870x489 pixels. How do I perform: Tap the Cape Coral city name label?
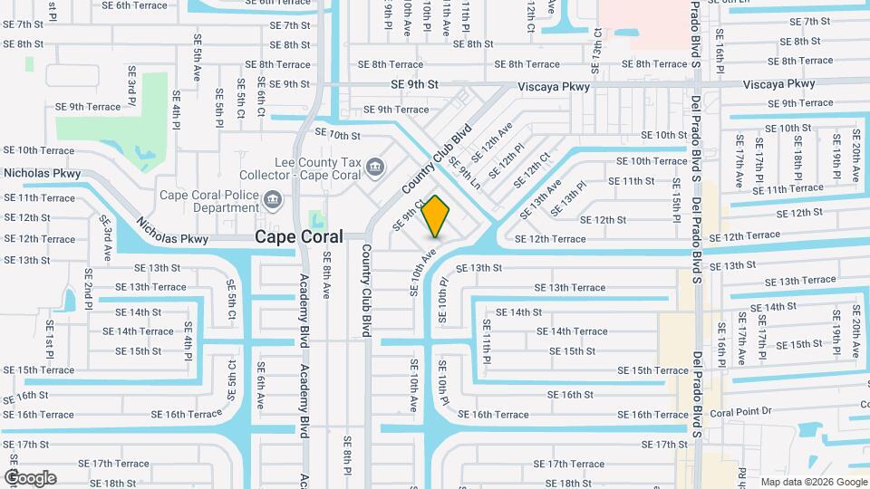pyautogui.click(x=299, y=236)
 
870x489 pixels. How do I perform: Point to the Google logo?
pyautogui.click(x=30, y=478)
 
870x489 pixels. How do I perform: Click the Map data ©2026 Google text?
pyautogui.click(x=813, y=482)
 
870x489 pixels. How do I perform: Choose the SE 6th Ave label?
pyautogui.click(x=260, y=384)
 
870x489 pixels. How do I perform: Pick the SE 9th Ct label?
pyautogui.click(x=409, y=214)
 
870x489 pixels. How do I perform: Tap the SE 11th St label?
pyautogui.click(x=632, y=181)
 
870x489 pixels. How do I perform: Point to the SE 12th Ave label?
pyautogui.click(x=498, y=137)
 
